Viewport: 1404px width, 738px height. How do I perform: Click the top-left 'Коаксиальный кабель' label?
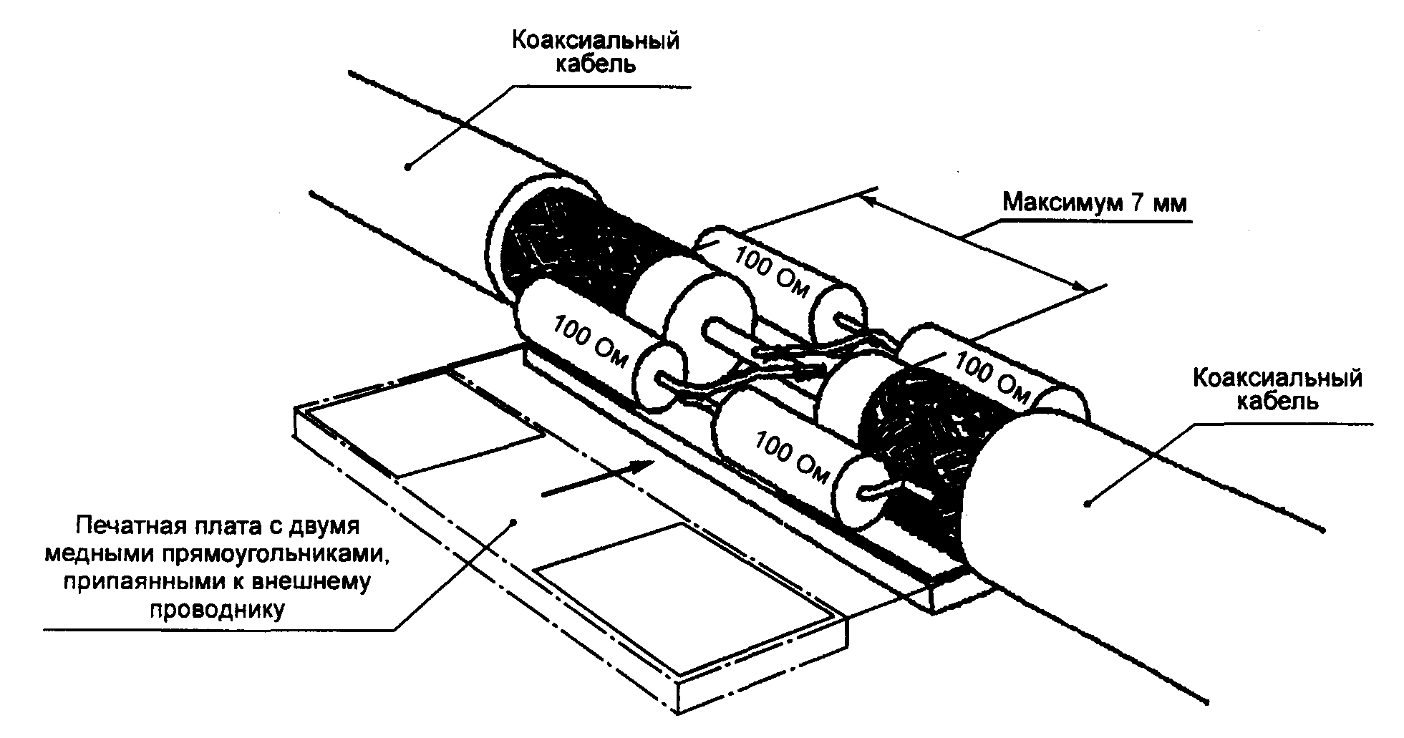pos(594,52)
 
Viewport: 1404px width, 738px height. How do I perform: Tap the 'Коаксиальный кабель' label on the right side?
pos(1277,389)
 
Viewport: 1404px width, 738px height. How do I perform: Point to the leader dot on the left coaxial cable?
pos(407,167)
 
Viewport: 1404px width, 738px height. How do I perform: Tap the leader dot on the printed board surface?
pos(513,521)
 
